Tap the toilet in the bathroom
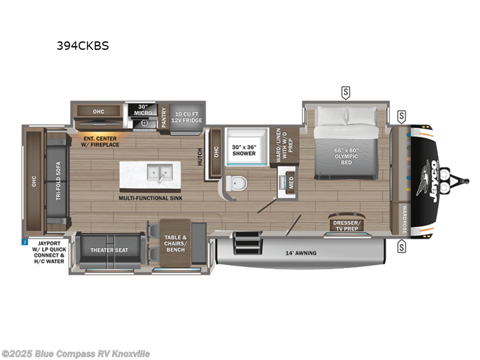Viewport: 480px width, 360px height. click(x=236, y=184)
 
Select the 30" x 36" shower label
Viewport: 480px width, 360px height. click(x=244, y=149)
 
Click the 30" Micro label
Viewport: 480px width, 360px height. click(x=142, y=109)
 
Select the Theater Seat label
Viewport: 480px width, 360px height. click(x=109, y=250)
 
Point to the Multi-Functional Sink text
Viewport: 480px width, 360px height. click(x=151, y=197)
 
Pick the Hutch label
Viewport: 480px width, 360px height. click(x=200, y=157)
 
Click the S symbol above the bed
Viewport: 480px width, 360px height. click(x=346, y=92)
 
